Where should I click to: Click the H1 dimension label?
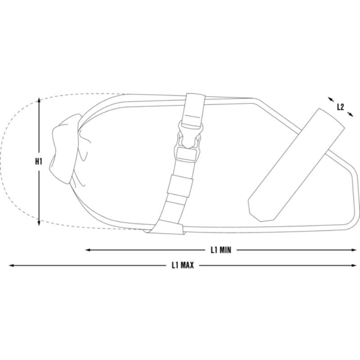[x=39, y=162]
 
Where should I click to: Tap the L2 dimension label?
[x=341, y=107]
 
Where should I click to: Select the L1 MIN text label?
[x=221, y=250]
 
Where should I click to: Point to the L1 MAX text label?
[x=183, y=265]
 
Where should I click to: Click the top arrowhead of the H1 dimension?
[x=39, y=99]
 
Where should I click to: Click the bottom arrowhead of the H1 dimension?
[x=39, y=223]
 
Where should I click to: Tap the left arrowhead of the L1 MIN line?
[x=88, y=250]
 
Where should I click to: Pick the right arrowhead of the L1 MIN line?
[x=354, y=250]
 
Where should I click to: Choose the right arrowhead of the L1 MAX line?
[x=354, y=265]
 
